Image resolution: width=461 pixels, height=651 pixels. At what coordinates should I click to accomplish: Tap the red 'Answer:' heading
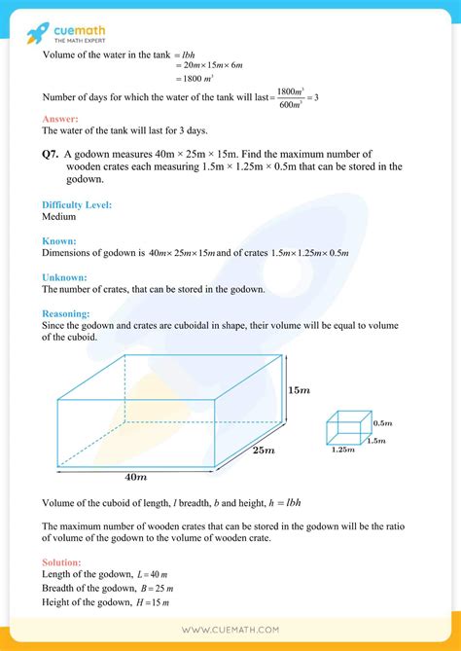click(59, 119)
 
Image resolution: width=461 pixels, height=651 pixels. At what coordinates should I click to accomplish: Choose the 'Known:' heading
click(59, 240)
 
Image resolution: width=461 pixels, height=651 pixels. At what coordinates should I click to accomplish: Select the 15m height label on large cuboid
click(299, 390)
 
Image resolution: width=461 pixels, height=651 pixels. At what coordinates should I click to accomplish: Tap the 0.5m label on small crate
click(381, 423)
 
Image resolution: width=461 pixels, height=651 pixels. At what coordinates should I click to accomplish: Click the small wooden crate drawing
click(347, 428)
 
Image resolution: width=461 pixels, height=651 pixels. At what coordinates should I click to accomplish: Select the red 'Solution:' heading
click(62, 562)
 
